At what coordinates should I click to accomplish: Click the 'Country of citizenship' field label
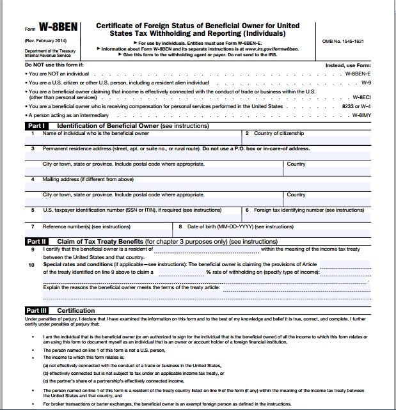[278, 134]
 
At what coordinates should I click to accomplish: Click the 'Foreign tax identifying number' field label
[309, 210]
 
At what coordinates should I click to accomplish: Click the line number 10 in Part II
[31, 264]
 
